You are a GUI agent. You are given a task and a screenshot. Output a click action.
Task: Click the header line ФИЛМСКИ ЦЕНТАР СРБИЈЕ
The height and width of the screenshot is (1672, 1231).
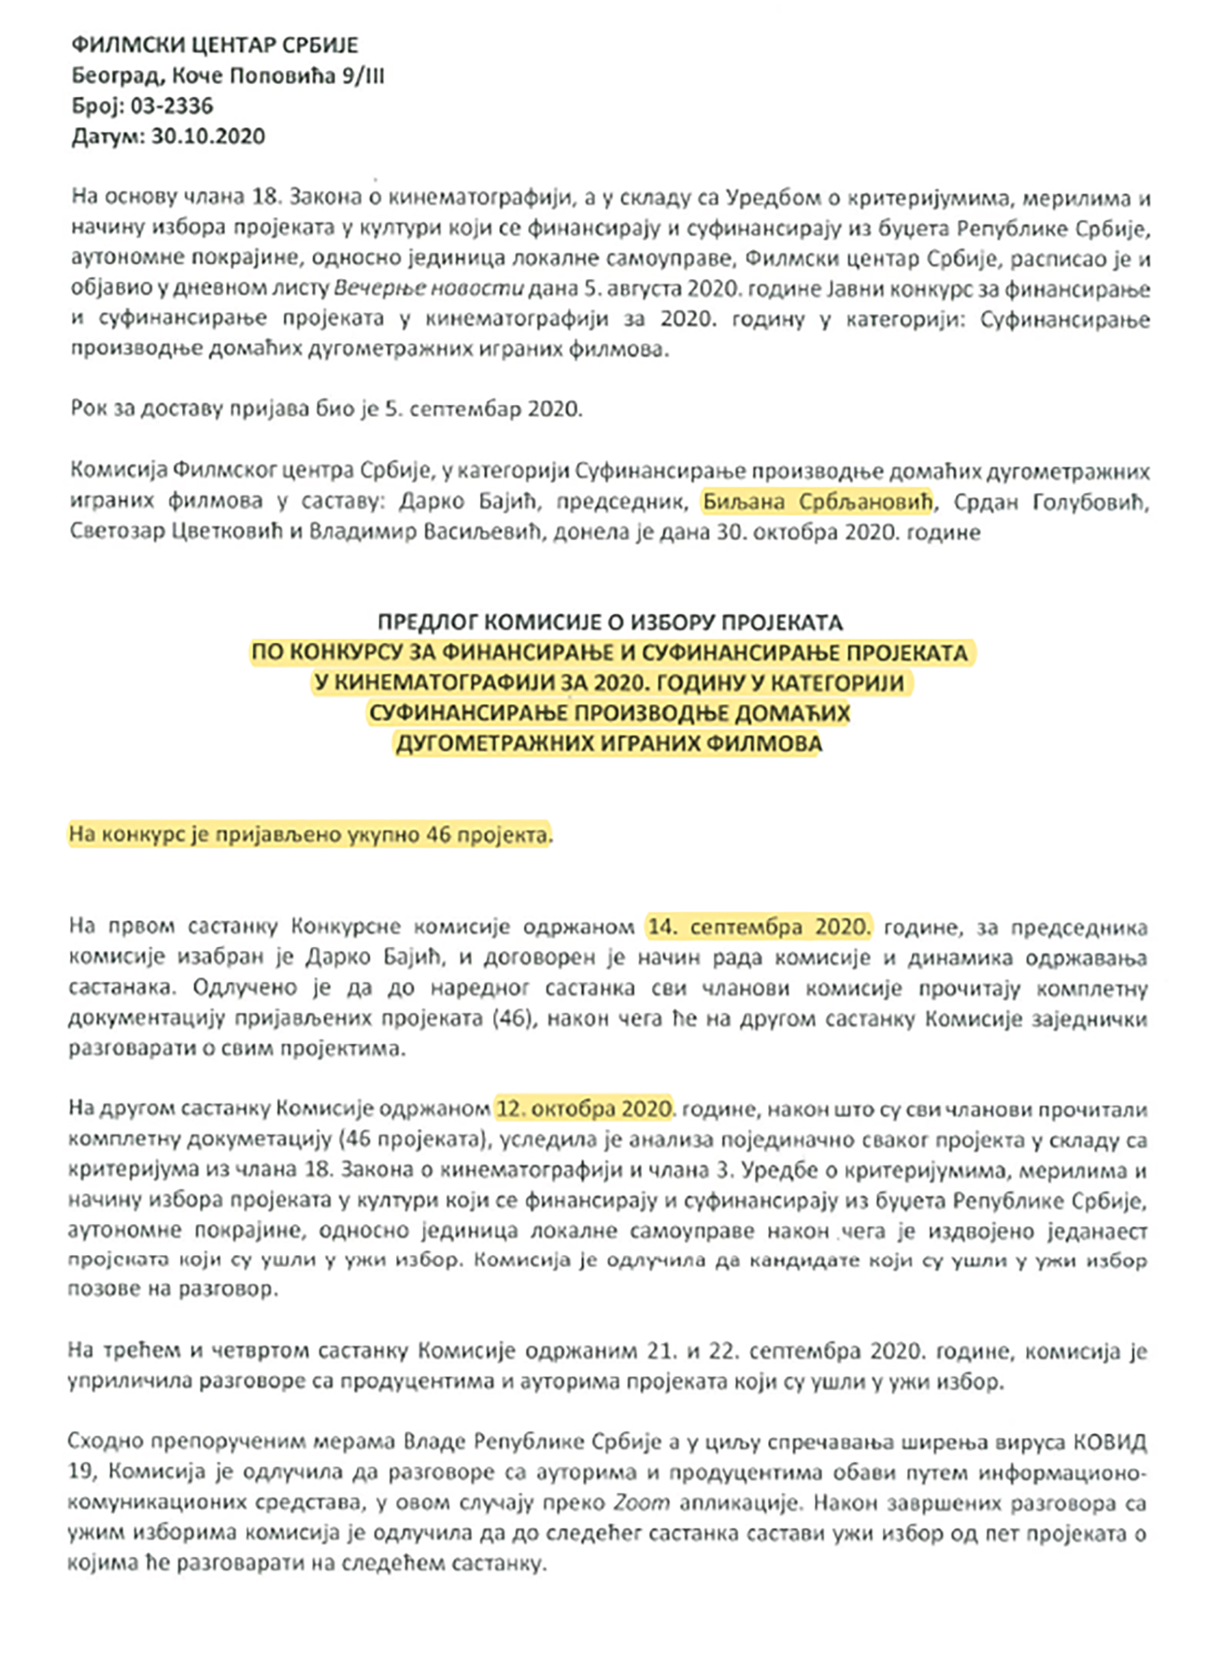coord(215,45)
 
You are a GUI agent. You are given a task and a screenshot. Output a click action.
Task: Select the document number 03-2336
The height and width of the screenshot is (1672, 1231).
coord(172,106)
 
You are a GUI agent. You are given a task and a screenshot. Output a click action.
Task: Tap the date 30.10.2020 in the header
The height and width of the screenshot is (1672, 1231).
coord(208,136)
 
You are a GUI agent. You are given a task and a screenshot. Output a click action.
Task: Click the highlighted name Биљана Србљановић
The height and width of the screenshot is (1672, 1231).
coord(817,501)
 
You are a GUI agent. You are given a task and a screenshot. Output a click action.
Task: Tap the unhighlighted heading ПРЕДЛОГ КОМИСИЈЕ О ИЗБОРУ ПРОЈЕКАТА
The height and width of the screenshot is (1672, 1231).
coord(609,622)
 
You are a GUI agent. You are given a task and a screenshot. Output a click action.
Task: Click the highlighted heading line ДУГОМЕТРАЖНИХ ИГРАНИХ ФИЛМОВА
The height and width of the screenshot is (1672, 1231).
coord(609,743)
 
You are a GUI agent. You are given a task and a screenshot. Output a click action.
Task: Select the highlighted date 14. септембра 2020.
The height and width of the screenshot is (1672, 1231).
coord(758,926)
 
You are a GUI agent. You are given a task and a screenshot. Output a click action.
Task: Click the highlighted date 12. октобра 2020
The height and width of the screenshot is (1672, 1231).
coord(584,1108)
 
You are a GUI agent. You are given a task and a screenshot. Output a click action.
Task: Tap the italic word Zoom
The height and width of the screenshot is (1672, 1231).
coord(641,1503)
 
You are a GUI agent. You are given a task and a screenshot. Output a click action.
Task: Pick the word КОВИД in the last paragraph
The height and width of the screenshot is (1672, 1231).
coord(1109,1441)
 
